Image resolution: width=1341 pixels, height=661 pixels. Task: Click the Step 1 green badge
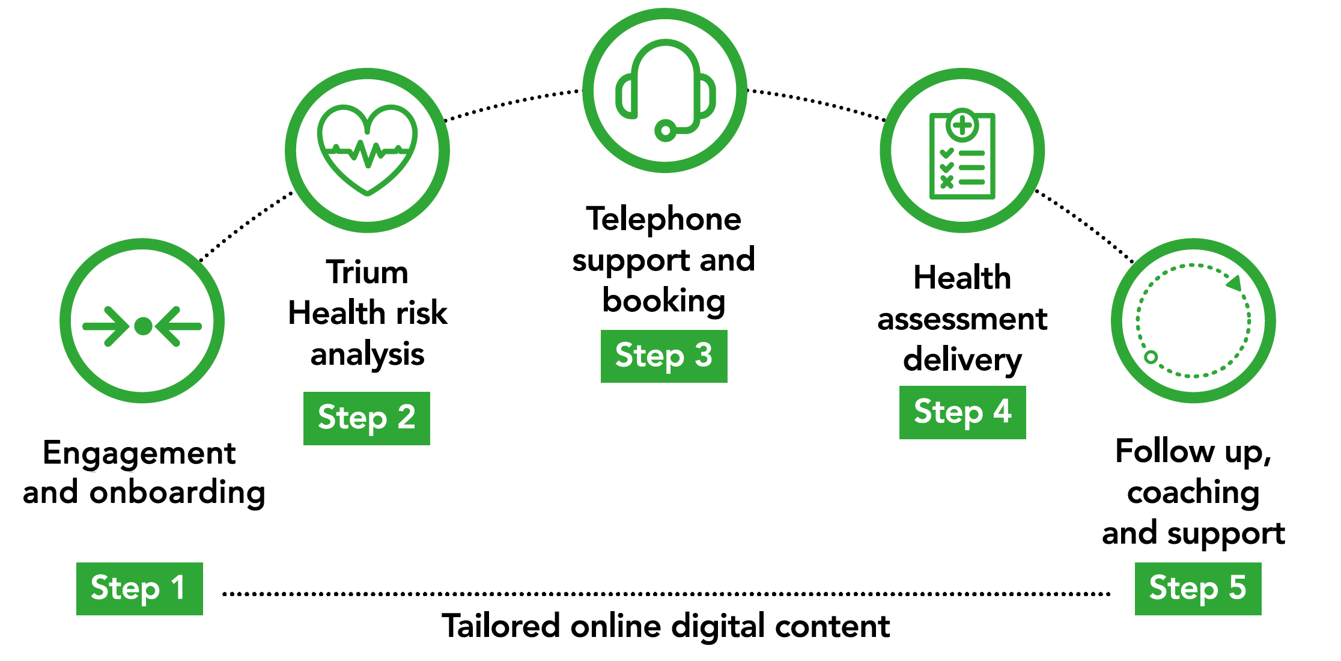(139, 588)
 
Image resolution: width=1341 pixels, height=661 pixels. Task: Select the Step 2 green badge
(366, 418)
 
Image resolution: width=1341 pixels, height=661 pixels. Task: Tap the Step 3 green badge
(664, 356)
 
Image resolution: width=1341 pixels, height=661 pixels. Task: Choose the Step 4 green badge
(962, 412)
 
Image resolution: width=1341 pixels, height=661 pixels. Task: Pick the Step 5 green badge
(1197, 588)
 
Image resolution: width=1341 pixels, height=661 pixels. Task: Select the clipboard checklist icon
(962, 155)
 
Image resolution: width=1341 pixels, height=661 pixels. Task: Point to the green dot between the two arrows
(143, 326)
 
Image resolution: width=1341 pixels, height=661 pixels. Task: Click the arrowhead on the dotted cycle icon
(1234, 282)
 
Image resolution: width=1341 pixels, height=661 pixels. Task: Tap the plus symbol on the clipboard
(962, 126)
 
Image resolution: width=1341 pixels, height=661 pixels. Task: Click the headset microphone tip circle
(665, 130)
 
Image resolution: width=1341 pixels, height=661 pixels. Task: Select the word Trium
(367, 272)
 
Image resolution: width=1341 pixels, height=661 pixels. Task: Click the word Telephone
(664, 219)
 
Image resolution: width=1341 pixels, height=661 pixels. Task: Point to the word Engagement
(139, 453)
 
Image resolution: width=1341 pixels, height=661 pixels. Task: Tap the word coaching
(1193, 493)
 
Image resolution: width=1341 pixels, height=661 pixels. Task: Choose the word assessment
(962, 319)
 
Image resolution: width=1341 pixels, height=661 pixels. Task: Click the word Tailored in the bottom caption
(501, 626)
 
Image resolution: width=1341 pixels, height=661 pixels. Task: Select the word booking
(664, 301)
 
